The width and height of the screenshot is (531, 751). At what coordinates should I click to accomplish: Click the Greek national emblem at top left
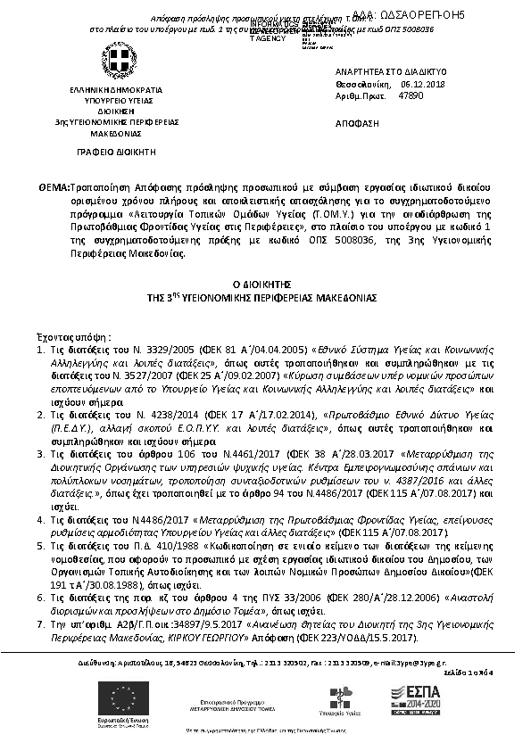tap(113, 62)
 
